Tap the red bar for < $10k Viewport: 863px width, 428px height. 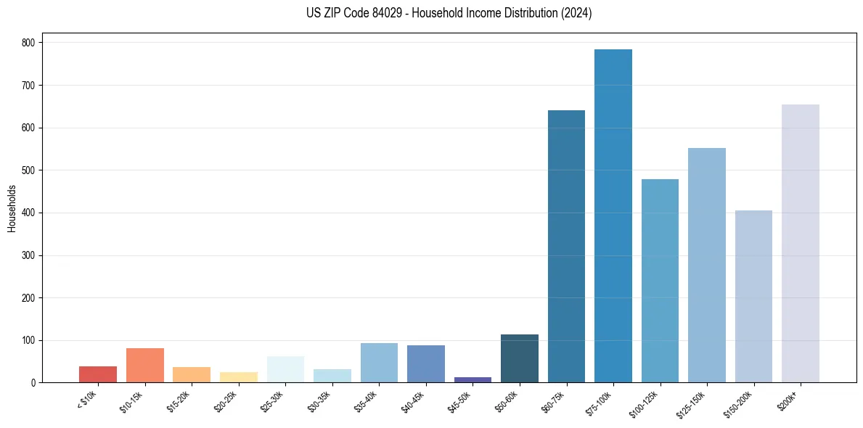98,374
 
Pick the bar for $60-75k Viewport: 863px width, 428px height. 566,247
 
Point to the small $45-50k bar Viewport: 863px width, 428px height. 473,379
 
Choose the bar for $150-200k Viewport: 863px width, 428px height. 753,297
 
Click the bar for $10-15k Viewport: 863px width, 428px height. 145,366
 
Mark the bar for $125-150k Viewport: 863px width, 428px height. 707,266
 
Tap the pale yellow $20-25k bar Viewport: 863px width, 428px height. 239,377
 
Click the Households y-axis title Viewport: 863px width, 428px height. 12,208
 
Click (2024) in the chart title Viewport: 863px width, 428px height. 576,13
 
